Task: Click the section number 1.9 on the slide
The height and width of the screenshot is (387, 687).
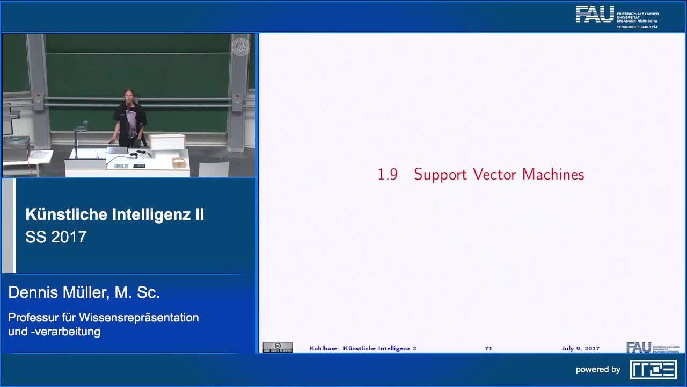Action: (x=387, y=175)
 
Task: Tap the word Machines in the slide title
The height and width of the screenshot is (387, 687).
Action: (x=553, y=175)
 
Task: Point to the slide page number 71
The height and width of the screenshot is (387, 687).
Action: (x=488, y=348)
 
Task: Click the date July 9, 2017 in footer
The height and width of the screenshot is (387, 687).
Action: (x=580, y=348)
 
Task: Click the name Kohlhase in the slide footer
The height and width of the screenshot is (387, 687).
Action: (x=324, y=348)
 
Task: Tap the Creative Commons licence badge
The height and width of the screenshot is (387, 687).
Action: (x=277, y=348)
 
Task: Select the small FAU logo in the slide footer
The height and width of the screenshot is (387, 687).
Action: (x=639, y=348)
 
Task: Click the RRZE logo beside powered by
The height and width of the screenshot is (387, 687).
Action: (x=653, y=369)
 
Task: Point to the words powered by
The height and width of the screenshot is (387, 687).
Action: (x=598, y=370)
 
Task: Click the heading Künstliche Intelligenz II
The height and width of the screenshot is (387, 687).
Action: (x=114, y=214)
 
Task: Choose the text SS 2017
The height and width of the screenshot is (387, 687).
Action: (x=56, y=237)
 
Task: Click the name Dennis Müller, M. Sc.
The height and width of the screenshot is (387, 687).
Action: (x=84, y=292)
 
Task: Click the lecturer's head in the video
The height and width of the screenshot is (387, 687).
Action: (x=128, y=95)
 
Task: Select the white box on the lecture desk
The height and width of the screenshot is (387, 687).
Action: (x=167, y=142)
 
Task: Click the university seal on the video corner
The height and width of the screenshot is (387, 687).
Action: (x=240, y=47)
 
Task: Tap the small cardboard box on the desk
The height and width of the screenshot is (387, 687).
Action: (x=178, y=162)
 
